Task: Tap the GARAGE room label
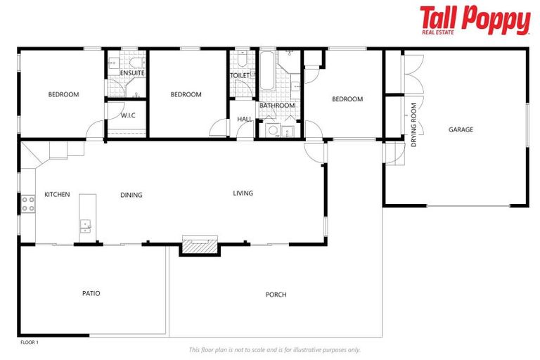point(461,129)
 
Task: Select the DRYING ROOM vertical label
point(414,125)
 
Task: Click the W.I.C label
point(128,115)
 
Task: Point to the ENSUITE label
point(132,73)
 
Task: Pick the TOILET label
point(240,75)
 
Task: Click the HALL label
point(245,120)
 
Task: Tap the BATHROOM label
point(277,105)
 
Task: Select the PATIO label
point(91,293)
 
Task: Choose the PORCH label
point(276,295)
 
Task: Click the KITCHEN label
point(57,194)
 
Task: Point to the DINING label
point(131,195)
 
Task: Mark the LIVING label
point(243,193)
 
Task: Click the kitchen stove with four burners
point(28,204)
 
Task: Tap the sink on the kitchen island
point(86,226)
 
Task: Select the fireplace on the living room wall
point(199,245)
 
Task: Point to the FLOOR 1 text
point(29,342)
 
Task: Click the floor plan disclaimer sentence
point(275,349)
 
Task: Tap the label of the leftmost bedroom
point(63,94)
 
